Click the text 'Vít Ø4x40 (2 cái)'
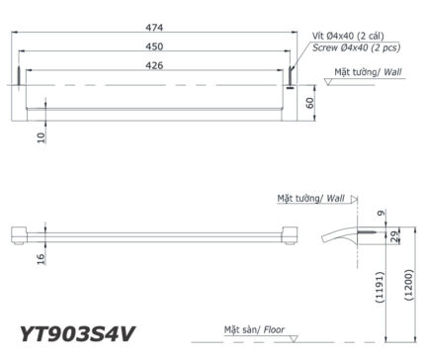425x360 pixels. click(350, 32)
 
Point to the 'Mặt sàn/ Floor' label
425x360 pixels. click(259, 327)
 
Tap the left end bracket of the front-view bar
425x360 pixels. click(17, 234)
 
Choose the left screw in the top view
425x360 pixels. click(18, 79)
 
